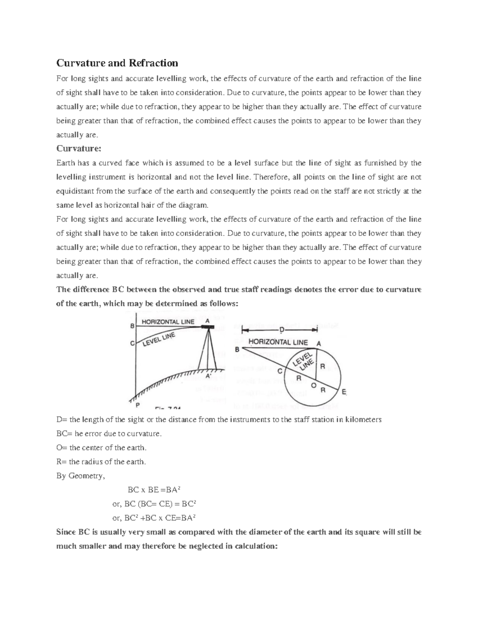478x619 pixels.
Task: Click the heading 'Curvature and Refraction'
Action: pos(117,63)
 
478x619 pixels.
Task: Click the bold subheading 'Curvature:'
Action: pos(79,149)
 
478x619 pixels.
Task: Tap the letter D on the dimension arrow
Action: pos(281,330)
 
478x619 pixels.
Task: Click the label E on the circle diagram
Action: pos(345,392)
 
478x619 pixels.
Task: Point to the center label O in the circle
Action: pos(313,386)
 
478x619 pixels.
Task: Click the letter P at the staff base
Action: pos(137,405)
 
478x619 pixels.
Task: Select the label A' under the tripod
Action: pos(208,376)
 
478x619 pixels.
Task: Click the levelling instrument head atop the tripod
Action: pos(207,327)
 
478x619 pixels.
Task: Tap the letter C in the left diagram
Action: pos(132,342)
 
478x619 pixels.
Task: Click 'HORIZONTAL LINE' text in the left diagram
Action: pos(168,322)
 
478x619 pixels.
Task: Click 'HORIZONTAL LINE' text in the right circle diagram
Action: pos(278,342)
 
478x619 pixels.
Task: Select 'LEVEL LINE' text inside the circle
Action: pos(304,360)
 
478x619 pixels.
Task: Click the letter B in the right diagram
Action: pos(237,349)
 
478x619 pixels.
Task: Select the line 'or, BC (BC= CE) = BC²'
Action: pos(155,504)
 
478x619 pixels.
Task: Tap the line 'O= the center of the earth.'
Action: pos(102,448)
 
